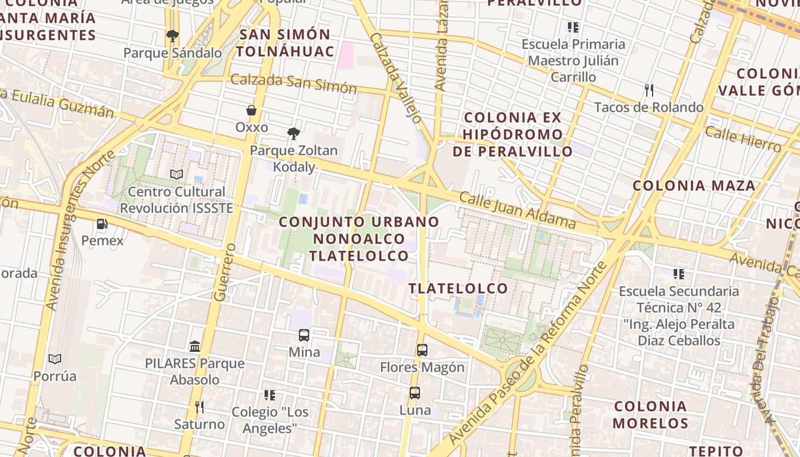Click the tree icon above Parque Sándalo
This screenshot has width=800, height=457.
click(x=172, y=36)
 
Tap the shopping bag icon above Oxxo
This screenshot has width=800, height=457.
click(x=251, y=110)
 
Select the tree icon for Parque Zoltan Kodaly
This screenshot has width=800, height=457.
click(x=294, y=134)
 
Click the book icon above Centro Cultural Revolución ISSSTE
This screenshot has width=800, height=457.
click(x=177, y=174)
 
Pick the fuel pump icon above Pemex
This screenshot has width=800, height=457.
click(x=102, y=224)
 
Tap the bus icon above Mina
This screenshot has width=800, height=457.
click(x=304, y=335)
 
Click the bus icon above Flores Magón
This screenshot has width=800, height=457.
click(x=422, y=350)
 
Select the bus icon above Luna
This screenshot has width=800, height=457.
click(x=415, y=393)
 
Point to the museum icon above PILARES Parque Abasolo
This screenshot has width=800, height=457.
click(x=195, y=346)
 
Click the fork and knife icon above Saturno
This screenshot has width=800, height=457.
click(x=199, y=407)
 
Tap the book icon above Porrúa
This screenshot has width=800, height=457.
click(x=55, y=359)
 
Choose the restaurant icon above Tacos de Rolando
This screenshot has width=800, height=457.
click(x=649, y=90)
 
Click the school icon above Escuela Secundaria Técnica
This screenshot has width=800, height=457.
click(x=679, y=274)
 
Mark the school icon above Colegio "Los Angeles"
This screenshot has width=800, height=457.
click(x=270, y=395)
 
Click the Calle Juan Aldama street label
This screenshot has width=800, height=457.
click(x=517, y=210)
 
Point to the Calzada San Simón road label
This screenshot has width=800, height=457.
click(x=293, y=83)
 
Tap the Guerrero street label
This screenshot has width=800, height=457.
click(x=225, y=272)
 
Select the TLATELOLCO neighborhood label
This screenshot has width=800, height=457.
click(x=458, y=288)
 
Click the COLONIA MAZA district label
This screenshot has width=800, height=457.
click(x=694, y=186)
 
